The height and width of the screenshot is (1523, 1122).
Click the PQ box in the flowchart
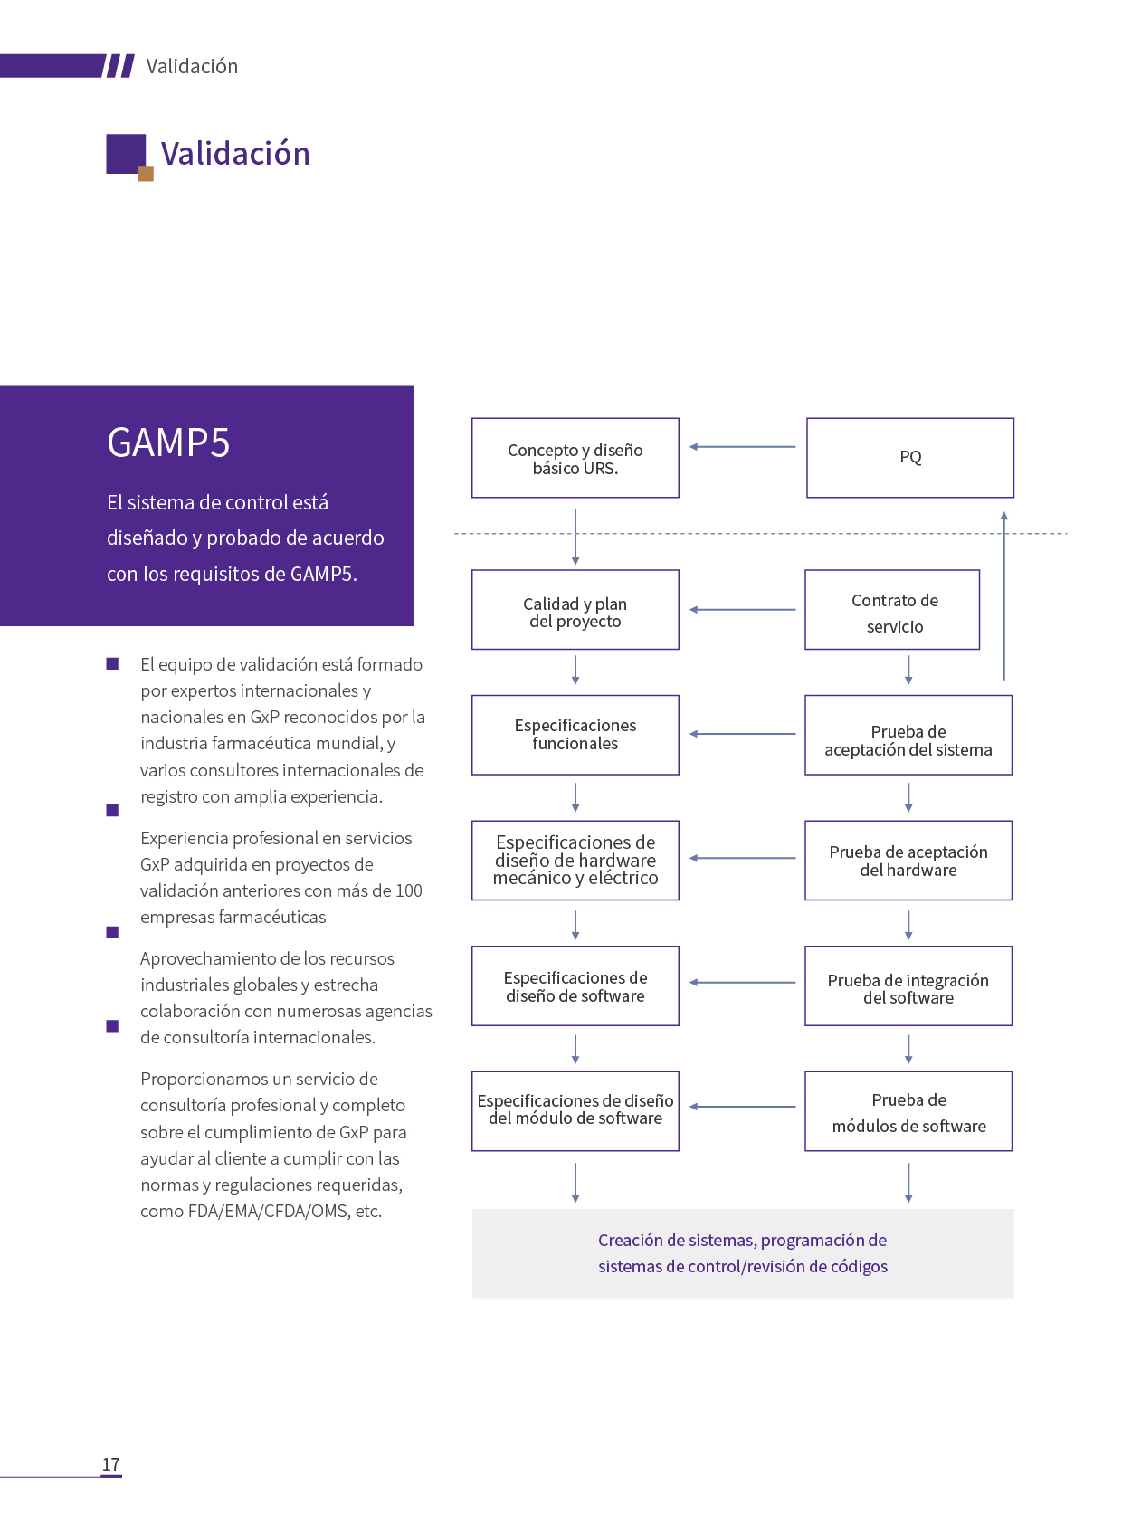coord(909,458)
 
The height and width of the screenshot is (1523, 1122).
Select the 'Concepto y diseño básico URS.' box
coord(575,458)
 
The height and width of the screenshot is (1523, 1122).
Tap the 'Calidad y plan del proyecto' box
coord(575,610)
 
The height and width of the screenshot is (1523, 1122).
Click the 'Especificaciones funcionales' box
coord(575,735)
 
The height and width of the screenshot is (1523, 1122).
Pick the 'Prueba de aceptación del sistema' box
coord(908,735)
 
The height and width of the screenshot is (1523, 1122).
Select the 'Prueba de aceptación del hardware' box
coord(908,861)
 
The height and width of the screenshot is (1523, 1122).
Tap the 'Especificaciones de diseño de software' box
coord(575,985)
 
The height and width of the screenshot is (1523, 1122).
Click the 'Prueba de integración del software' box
coord(908,985)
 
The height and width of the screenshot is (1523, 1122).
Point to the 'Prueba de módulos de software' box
coord(908,1111)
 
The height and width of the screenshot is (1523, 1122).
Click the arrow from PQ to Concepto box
coord(742,447)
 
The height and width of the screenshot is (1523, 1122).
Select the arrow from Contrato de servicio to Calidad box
coord(742,610)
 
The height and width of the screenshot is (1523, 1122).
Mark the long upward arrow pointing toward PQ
coord(1003,597)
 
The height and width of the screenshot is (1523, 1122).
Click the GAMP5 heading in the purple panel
coord(168,443)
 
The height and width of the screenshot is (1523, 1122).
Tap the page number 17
coord(110,1464)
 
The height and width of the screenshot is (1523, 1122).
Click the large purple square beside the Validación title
coord(125,153)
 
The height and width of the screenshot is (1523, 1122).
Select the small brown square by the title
coord(146,174)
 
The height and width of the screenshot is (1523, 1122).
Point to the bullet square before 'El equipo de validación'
coord(112,664)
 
